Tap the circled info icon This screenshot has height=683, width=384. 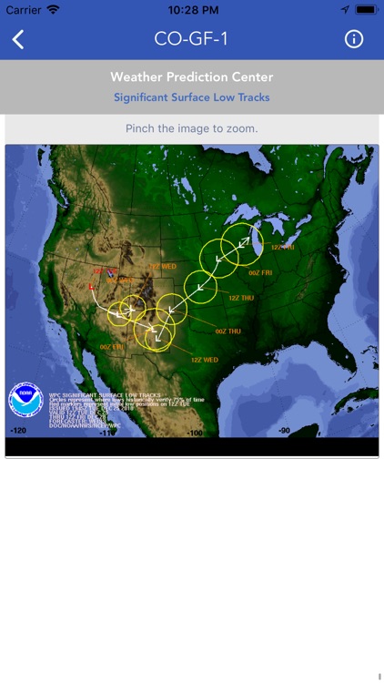[354, 39]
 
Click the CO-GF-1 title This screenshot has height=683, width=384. [191, 39]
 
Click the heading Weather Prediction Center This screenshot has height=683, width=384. [191, 77]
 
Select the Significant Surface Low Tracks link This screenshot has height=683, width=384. [191, 97]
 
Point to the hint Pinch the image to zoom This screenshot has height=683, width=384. [191, 128]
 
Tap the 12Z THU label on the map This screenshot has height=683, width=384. [240, 298]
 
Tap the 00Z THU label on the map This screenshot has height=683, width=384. [227, 331]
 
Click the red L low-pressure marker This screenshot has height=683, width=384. [92, 287]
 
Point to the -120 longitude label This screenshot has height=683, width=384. [17, 431]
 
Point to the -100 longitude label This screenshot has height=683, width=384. [194, 432]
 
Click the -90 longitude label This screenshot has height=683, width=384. [284, 431]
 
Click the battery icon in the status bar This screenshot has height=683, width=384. [366, 9]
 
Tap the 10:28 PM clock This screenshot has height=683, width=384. [191, 9]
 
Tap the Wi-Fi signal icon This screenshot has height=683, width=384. [54, 9]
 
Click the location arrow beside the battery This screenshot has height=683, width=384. [345, 9]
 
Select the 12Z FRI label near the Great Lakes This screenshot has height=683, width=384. [283, 247]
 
